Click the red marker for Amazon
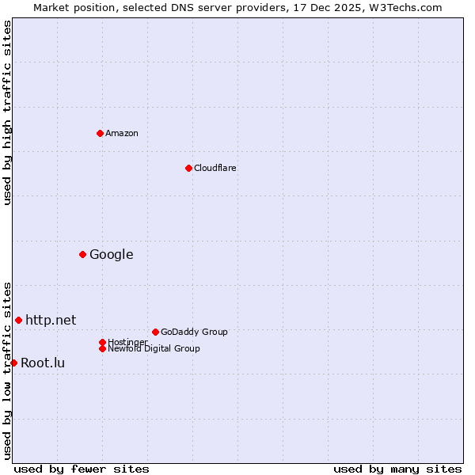(100, 133)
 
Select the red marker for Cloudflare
(188, 168)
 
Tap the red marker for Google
(82, 254)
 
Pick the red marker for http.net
(18, 320)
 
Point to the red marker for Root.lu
(13, 363)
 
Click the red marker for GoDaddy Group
(155, 332)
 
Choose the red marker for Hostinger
(102, 342)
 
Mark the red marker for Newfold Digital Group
(102, 348)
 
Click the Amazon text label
(122, 133)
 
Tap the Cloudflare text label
(215, 168)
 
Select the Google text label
(112, 254)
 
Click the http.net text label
(51, 320)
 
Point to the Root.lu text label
(43, 363)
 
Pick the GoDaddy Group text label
(194, 332)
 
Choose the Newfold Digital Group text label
(154, 348)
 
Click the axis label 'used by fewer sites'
(82, 469)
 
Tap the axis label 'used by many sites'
(397, 469)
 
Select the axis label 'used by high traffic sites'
(7, 112)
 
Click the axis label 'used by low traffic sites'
(7, 370)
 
